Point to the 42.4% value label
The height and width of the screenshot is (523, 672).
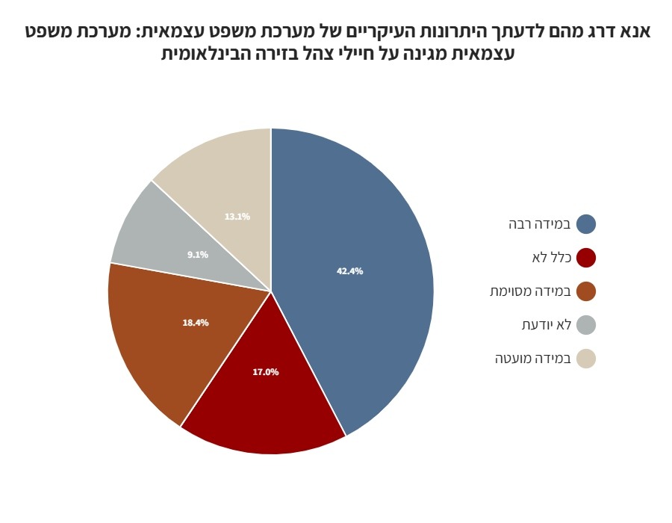(349, 271)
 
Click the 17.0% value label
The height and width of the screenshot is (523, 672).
(266, 371)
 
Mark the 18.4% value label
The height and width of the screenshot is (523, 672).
(196, 323)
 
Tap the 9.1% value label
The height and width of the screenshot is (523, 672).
(198, 255)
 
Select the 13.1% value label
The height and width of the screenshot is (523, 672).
(237, 217)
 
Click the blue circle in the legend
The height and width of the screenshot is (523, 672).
(586, 224)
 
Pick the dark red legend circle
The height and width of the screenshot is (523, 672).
(586, 258)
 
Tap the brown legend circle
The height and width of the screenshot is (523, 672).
(586, 291)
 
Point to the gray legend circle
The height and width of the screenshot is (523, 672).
(586, 325)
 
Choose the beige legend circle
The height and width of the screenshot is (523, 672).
(586, 359)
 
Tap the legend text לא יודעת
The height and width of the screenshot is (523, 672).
(547, 325)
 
